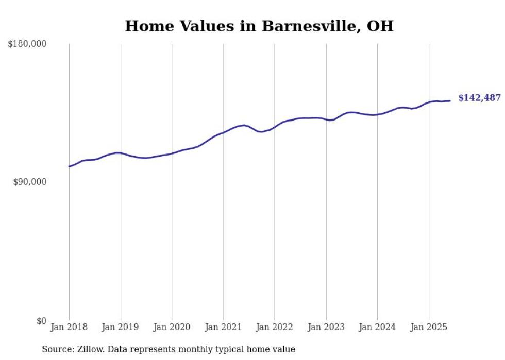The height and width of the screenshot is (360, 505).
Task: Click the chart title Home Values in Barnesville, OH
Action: (x=259, y=26)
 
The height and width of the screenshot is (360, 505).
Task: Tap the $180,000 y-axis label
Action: (x=27, y=44)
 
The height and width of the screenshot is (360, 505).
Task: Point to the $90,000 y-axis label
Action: (x=29, y=182)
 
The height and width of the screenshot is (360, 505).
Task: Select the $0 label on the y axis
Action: (x=41, y=321)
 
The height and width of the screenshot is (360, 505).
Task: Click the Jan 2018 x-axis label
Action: (x=69, y=327)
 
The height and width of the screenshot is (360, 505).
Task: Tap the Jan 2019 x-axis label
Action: (x=121, y=327)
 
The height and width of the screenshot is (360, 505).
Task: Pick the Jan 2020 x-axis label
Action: (x=172, y=327)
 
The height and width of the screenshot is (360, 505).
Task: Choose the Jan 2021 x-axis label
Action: (x=223, y=327)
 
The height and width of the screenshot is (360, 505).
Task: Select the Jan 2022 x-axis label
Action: (x=275, y=327)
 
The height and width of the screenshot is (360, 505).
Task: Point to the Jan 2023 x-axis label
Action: (x=326, y=327)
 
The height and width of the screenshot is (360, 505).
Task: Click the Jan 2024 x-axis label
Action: (x=377, y=327)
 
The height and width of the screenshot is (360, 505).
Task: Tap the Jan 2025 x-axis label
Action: (x=429, y=327)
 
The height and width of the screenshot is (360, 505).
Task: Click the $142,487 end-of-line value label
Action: (x=479, y=98)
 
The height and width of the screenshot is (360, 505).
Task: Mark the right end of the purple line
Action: (x=450, y=101)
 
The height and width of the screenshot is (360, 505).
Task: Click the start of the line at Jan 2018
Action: (x=69, y=166)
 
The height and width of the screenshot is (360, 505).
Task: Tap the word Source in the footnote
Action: (x=57, y=349)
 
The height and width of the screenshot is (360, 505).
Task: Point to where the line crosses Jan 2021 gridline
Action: (x=223, y=132)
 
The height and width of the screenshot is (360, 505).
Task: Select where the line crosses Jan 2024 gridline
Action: (x=377, y=114)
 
